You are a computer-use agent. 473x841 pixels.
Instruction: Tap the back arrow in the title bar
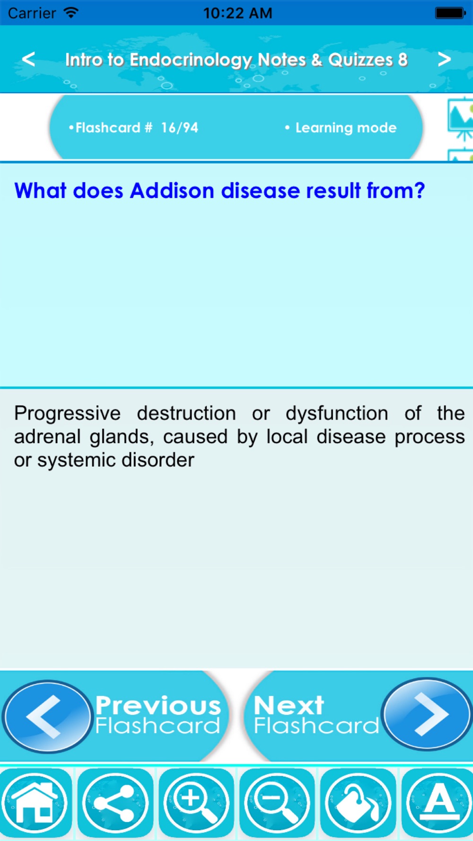pos(28,59)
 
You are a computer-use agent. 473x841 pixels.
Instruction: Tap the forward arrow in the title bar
pos(444,59)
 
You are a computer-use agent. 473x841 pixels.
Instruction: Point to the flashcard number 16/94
pos(179,128)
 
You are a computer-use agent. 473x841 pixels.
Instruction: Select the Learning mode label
pos(346,128)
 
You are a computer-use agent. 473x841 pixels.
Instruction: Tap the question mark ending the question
pos(419,191)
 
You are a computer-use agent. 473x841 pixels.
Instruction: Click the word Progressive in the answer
pos(67,414)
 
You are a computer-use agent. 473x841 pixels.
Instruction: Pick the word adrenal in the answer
pos(47,437)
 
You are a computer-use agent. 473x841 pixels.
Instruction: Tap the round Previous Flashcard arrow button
pos(47,717)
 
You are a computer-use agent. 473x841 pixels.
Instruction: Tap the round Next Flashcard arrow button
pos(427,714)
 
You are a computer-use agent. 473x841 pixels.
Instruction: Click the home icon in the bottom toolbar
pos(35,803)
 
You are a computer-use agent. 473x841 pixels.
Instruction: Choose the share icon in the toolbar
pos(115,803)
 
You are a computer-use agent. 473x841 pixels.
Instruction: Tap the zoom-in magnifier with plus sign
pos(196,803)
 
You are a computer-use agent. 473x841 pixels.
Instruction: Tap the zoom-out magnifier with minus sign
pos(277,803)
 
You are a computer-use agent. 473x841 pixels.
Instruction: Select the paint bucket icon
pos(358,803)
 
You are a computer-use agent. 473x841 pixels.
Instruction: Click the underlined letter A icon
pos(438,803)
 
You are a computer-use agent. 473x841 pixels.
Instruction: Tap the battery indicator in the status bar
pos(450,13)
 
